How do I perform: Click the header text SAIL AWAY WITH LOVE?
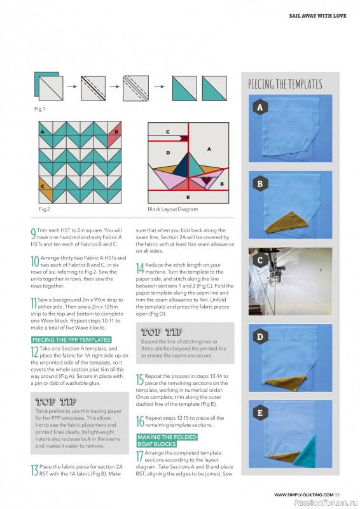(317, 15)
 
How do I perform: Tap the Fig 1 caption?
(39, 109)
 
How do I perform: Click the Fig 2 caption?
(45, 209)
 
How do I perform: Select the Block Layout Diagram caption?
(173, 209)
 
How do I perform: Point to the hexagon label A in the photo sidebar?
(260, 108)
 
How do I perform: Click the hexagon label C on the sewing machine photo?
(260, 260)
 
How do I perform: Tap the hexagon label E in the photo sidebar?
(260, 413)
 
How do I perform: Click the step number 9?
(33, 234)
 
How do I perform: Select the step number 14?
(140, 268)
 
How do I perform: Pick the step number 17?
(139, 456)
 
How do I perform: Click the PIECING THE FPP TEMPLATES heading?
(71, 340)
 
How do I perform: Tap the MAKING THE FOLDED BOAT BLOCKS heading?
(167, 440)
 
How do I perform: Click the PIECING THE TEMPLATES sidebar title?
(285, 84)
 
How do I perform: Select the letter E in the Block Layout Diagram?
(188, 197)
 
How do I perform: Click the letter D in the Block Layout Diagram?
(168, 153)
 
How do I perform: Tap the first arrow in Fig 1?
(72, 87)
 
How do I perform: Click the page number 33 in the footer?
(337, 495)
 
